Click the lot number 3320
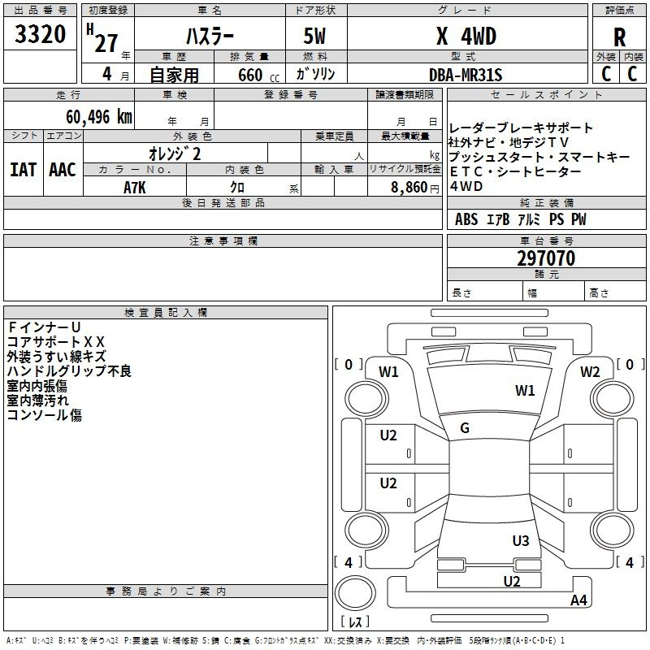pos(40,34)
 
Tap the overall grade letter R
pos(619,37)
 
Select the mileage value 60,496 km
pos(99,117)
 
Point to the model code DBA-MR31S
pos(466,75)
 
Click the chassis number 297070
pos(546,258)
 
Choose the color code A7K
pos(135,188)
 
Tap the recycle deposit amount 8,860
pos(409,188)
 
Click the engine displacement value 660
pos(250,75)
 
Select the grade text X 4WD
pos(466,36)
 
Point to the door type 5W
pos(314,36)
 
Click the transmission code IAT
pos(24,170)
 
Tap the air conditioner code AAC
pos(63,170)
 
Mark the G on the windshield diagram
pos(465,428)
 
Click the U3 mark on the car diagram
pos(521,540)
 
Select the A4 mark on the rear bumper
pos(578,600)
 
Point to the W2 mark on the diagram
pos(590,372)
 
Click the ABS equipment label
pos(466,219)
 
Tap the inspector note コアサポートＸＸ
pos(55,341)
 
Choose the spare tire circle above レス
pos(355,592)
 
